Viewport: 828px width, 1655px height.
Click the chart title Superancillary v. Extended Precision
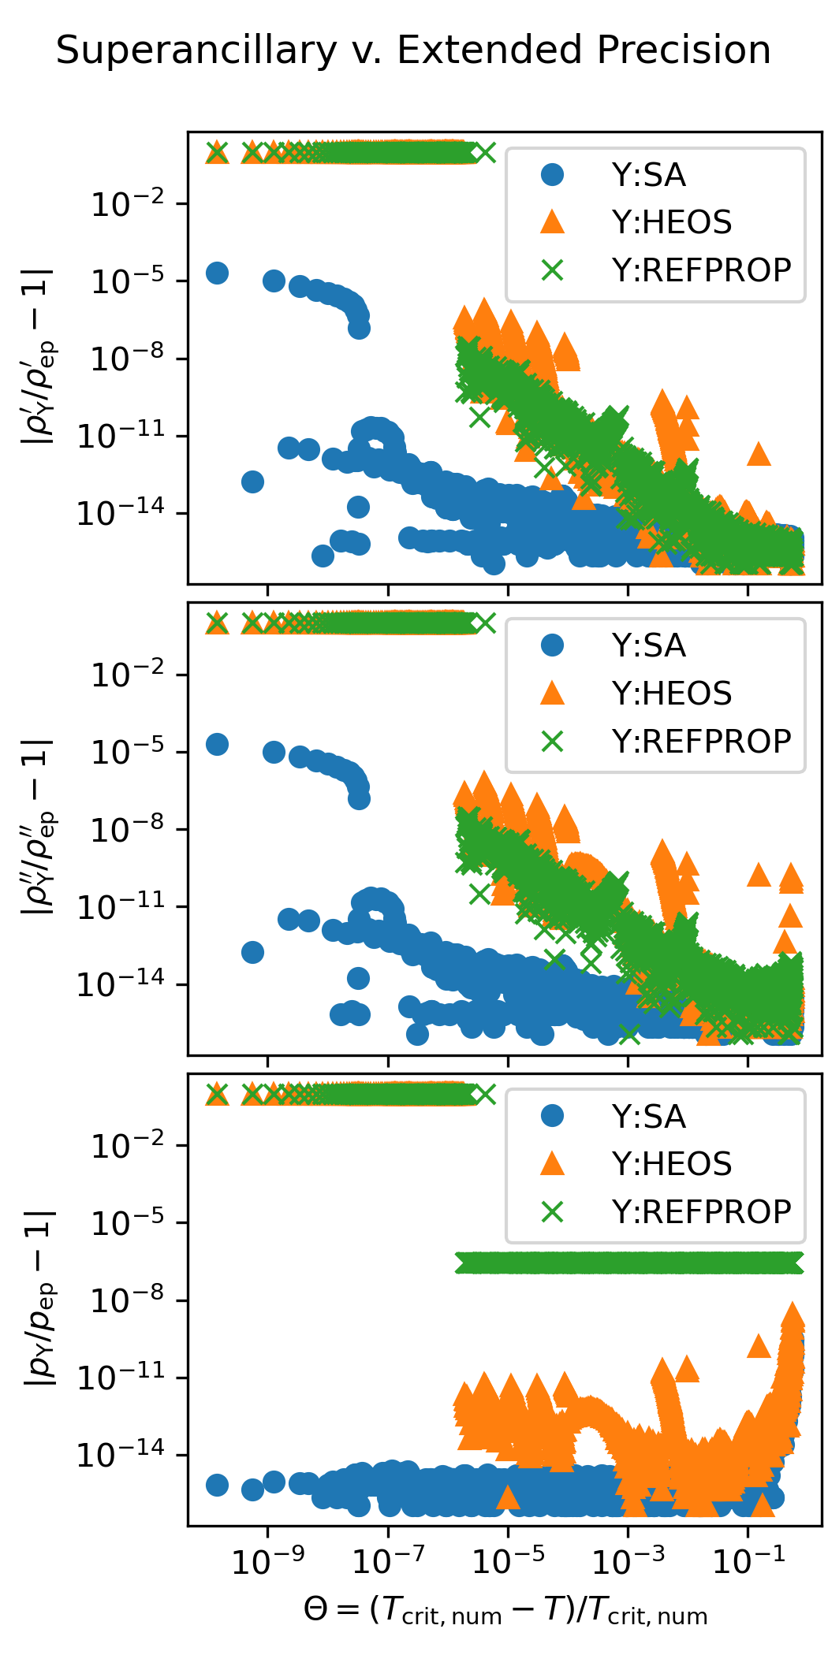413,50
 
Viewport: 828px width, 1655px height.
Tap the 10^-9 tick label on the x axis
267,1560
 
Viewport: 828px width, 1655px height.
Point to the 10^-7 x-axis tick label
388,1560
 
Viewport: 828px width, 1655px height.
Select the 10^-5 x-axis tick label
508,1560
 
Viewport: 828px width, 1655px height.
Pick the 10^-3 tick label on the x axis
628,1560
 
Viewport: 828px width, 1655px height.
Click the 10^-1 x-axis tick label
748,1560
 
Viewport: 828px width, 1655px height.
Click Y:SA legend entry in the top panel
648,175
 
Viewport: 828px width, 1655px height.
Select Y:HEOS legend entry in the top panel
671,222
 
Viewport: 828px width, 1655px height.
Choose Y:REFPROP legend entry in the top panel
701,270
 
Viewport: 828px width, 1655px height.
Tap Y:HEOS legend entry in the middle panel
671,694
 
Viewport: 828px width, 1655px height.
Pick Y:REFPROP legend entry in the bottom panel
701,1211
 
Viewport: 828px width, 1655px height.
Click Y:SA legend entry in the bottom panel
648,1117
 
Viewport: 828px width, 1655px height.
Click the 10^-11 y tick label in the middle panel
121,907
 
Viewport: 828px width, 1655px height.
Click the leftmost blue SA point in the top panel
217,273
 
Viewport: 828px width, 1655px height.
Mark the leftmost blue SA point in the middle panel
217,744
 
